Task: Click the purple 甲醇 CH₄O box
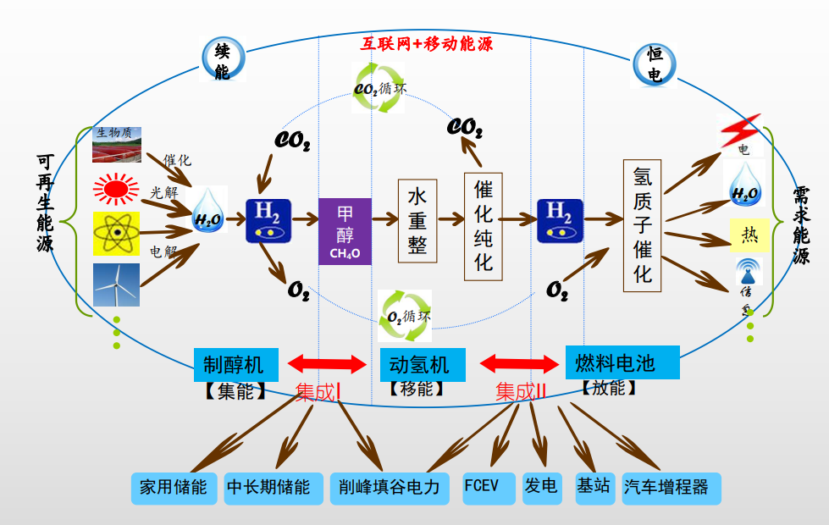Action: [345, 231]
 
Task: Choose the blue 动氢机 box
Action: [423, 365]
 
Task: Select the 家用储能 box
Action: [174, 488]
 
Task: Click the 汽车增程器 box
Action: [671, 488]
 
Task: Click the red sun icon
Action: [117, 188]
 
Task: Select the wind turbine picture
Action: [117, 285]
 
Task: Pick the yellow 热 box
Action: [749, 235]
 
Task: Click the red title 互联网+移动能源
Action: [427, 43]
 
